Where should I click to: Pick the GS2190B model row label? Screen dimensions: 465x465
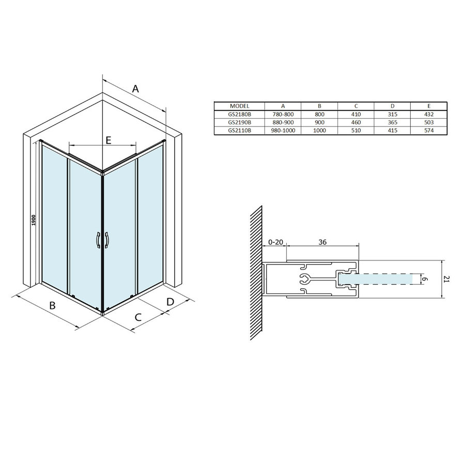click(x=239, y=122)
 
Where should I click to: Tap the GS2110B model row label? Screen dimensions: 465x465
click(x=239, y=130)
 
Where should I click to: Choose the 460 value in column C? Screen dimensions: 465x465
click(x=355, y=122)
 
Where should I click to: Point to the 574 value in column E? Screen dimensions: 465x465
click(x=428, y=130)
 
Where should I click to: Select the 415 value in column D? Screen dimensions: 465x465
click(x=392, y=130)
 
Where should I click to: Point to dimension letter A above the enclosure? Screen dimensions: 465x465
click(x=135, y=89)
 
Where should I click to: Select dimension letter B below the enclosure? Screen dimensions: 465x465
click(x=52, y=305)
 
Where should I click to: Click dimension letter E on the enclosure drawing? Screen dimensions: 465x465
click(x=109, y=139)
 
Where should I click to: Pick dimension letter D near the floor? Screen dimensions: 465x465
click(x=169, y=301)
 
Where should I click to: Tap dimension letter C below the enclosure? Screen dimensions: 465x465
click(x=138, y=317)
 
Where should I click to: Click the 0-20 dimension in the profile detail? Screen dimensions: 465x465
click(x=275, y=242)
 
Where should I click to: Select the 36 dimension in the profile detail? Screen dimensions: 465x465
click(x=322, y=242)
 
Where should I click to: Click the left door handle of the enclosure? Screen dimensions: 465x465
click(x=98, y=241)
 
